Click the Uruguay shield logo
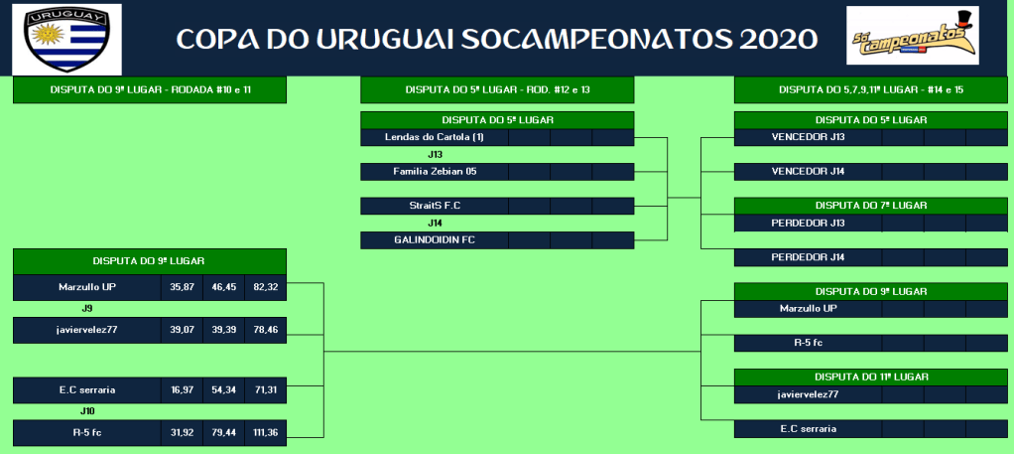point(66,40)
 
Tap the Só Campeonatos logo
point(913,36)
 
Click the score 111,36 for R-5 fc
point(265,432)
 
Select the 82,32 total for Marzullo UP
point(265,287)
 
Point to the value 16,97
point(182,390)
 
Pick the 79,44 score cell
point(224,432)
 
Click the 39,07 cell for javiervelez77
point(182,330)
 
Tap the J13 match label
point(435,155)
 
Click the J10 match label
point(87,411)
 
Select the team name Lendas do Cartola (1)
point(434,137)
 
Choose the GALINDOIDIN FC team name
point(434,239)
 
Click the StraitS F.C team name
point(434,206)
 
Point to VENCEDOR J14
point(808,172)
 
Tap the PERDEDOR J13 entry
point(808,223)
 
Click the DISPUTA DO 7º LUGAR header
point(871,206)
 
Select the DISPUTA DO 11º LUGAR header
point(871,377)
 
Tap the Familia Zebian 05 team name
point(434,172)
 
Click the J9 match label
point(87,309)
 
